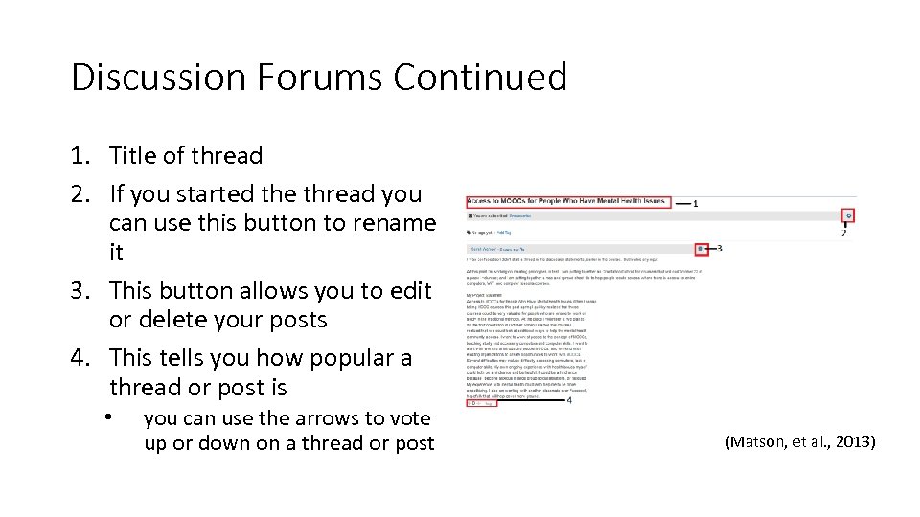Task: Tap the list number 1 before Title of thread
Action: (x=79, y=156)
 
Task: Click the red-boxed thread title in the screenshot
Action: (x=566, y=203)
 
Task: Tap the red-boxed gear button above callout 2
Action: (x=849, y=215)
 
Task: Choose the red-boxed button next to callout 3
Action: (x=701, y=249)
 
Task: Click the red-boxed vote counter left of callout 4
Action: (x=481, y=403)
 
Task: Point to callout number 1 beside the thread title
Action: (x=694, y=204)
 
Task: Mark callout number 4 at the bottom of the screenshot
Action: (x=570, y=401)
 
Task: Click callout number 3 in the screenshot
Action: (x=719, y=248)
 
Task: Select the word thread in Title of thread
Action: (x=229, y=156)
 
